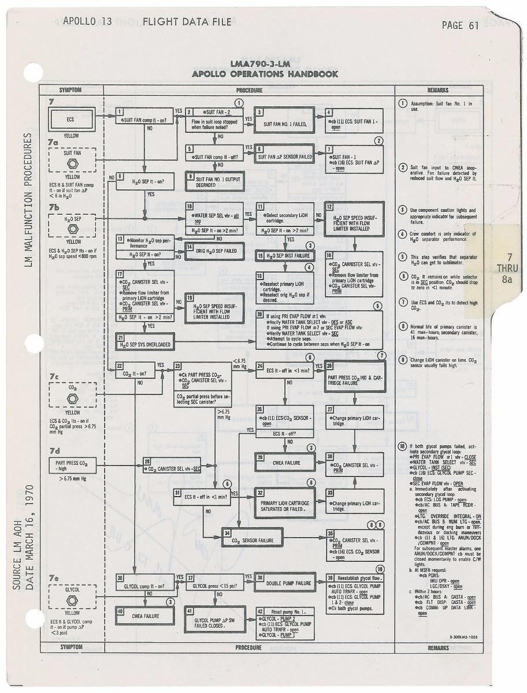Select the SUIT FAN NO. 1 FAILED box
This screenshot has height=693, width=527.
[284, 122]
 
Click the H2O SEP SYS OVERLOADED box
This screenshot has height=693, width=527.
[145, 344]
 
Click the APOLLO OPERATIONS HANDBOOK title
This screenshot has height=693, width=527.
[265, 74]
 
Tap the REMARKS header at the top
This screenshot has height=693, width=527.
[438, 90]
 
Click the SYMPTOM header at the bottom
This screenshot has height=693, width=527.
[71, 647]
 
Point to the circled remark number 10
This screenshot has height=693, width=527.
[403, 446]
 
